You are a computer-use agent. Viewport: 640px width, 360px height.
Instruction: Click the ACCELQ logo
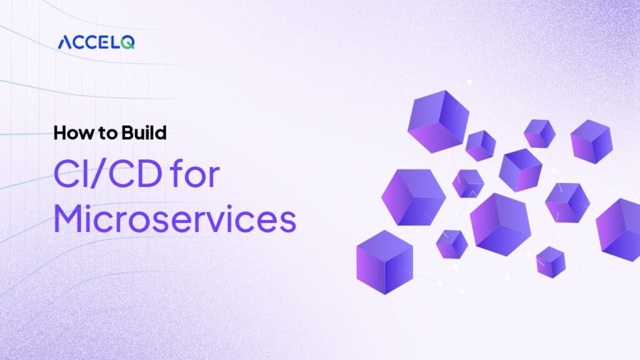(x=96, y=42)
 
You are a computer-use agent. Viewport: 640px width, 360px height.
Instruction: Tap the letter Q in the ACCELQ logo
(x=129, y=42)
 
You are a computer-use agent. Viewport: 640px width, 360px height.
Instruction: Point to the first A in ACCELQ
(x=65, y=42)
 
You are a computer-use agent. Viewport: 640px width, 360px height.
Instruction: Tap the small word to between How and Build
(x=101, y=134)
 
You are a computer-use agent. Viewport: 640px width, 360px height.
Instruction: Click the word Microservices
(x=174, y=219)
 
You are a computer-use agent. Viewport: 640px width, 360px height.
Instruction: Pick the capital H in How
(x=59, y=133)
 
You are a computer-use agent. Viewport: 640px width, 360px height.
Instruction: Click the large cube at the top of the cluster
(x=437, y=120)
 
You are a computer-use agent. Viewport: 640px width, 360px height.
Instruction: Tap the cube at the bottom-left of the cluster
(x=384, y=261)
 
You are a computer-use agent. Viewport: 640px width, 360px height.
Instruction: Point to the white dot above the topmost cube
(x=469, y=82)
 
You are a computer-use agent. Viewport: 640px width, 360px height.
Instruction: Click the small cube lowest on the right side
(x=551, y=261)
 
